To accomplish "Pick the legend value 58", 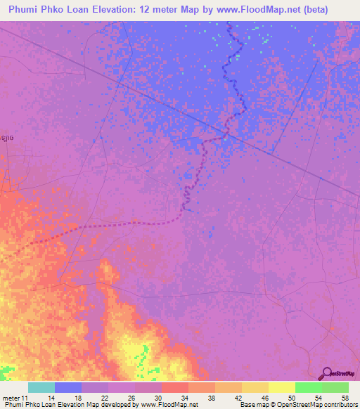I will pos(345,397).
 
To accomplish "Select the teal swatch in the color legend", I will pos(41,387).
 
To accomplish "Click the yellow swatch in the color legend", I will pos(281,387).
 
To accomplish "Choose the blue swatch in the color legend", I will pos(68,387).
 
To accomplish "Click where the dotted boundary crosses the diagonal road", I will pos(226,133).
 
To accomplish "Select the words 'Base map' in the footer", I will pos(252,405).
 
